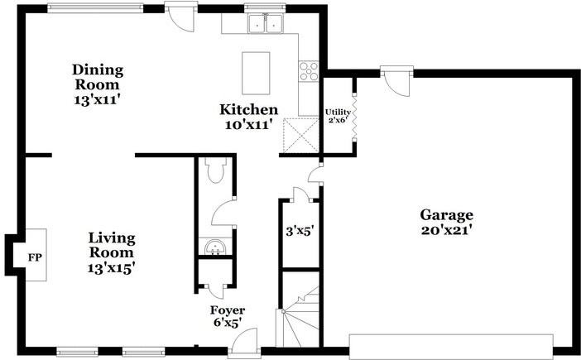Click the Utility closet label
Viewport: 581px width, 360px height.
[338, 112]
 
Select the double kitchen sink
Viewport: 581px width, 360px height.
[266, 25]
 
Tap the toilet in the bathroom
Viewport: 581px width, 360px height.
[215, 171]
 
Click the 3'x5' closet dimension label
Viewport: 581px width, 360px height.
[298, 232]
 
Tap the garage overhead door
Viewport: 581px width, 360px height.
[451, 346]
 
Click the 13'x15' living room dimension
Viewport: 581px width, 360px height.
[111, 267]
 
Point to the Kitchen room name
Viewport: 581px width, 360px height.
[247, 110]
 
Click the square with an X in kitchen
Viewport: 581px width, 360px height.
[300, 134]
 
